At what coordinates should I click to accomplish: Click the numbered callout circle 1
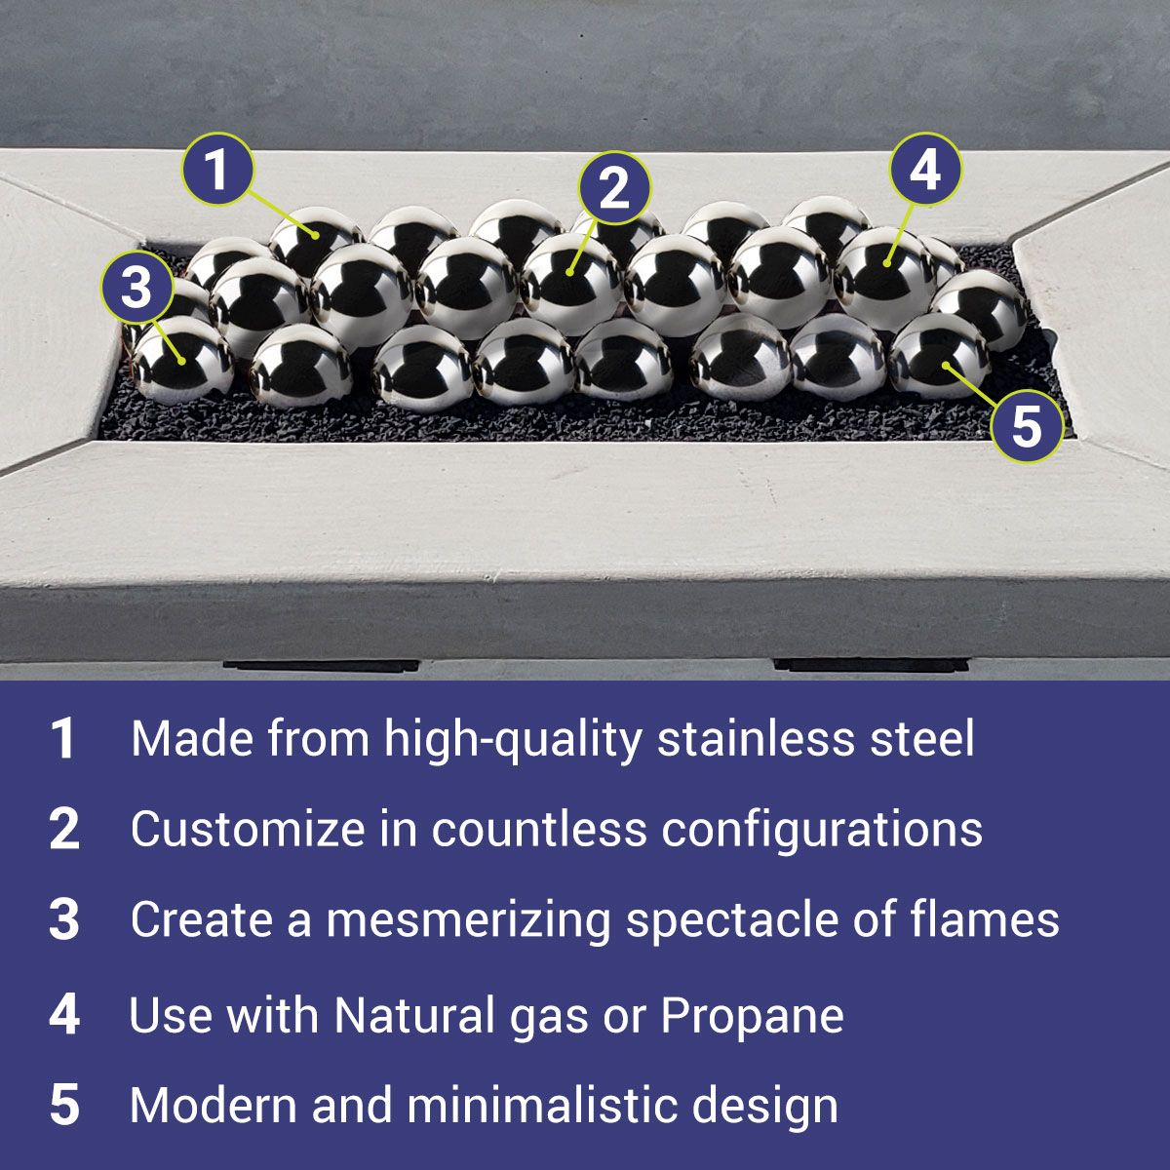pos(217,170)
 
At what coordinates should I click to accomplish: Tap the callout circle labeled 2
pos(614,187)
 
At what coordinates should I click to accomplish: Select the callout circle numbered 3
pos(136,288)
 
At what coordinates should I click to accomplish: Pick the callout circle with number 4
pos(926,170)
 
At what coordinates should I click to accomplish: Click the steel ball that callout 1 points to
pos(315,240)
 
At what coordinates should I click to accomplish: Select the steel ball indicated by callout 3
pos(182,361)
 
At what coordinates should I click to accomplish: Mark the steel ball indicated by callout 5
pos(939,356)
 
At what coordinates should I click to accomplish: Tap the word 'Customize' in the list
pos(247,829)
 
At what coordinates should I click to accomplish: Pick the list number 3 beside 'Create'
pos(63,920)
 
